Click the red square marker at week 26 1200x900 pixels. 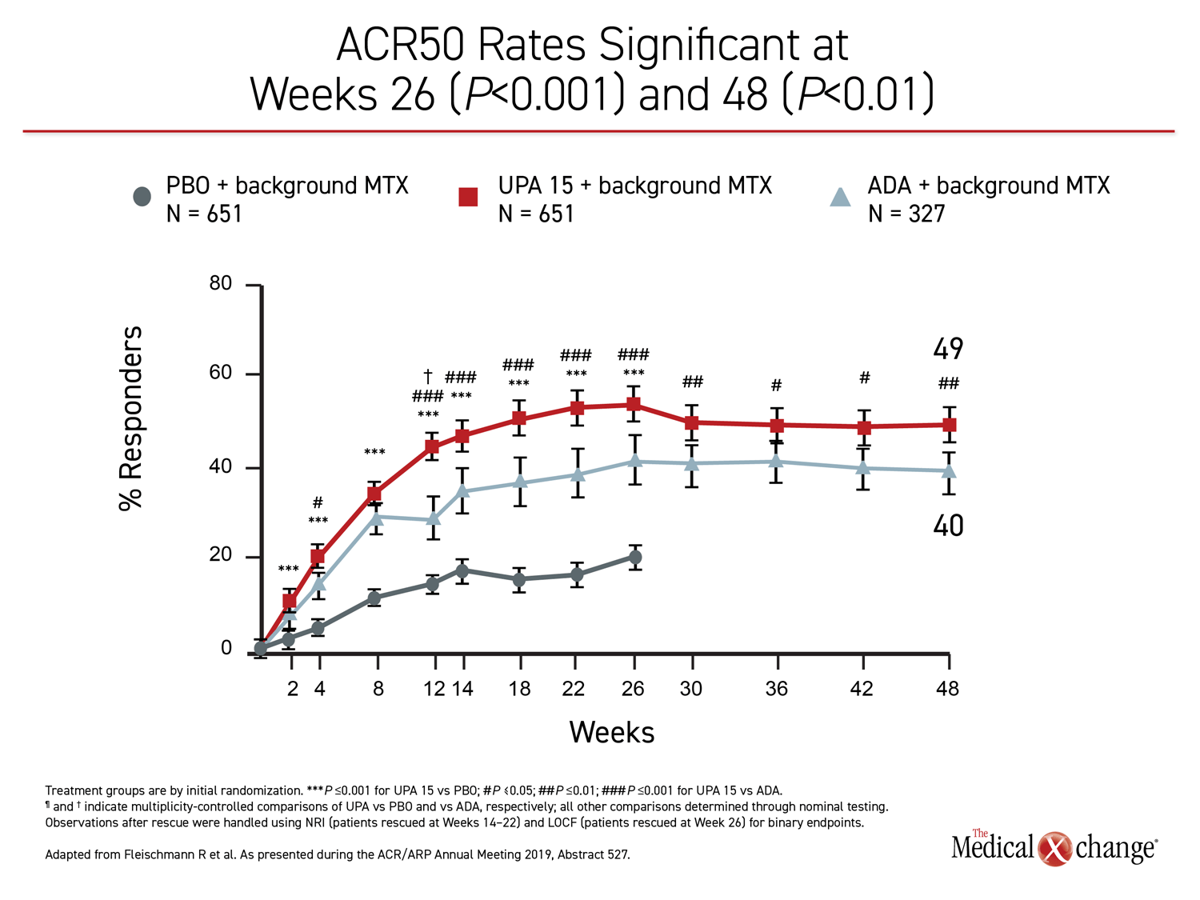634,405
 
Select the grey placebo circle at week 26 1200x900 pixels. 635,558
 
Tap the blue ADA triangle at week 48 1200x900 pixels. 949,470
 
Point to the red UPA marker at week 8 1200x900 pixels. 374,494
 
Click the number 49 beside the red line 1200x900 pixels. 948,349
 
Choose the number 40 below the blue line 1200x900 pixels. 948,526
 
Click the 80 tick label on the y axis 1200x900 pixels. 221,284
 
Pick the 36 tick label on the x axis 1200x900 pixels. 777,689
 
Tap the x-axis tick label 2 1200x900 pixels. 293,689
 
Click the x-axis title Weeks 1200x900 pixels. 612,733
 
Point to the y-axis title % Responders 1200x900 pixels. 130,418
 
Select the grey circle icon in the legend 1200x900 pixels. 142,197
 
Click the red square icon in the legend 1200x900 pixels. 468,197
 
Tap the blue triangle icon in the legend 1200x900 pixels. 840,197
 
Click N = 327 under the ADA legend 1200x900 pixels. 906,214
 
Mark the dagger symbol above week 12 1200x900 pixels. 428,376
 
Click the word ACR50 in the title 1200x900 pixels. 400,45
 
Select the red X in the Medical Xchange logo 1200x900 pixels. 1055,849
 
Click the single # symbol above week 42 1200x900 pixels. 865,378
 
